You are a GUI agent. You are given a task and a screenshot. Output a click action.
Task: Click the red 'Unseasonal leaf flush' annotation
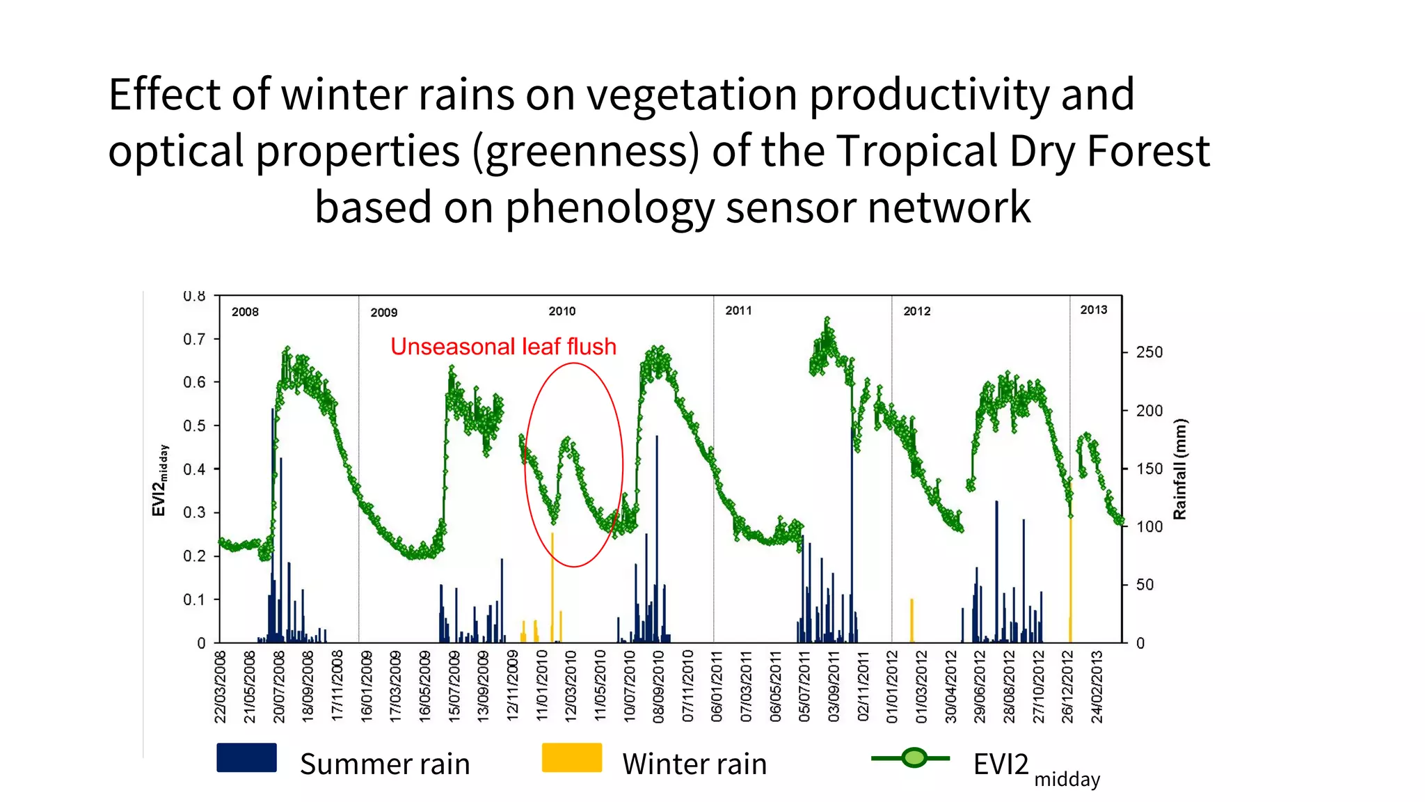(503, 347)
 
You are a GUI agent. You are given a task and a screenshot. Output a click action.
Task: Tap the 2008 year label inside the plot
(245, 312)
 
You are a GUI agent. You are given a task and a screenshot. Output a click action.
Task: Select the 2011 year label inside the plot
(738, 310)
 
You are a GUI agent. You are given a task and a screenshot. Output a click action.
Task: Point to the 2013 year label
(1093, 310)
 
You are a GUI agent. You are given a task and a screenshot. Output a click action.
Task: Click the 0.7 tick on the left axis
(194, 339)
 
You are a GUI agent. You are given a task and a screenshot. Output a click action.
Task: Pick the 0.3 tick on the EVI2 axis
(194, 512)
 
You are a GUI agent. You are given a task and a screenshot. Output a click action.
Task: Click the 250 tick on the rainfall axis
(1149, 352)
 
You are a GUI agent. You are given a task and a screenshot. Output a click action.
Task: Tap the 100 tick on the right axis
(1149, 527)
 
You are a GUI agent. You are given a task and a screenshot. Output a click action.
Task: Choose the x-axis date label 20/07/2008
(279, 686)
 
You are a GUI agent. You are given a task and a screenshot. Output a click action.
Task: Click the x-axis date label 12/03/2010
(571, 686)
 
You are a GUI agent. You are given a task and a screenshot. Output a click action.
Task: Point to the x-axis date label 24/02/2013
(1097, 686)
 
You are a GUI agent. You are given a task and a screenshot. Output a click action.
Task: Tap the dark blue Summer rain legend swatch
(246, 757)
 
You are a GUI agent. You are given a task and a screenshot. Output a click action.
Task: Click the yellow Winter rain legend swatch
(571, 757)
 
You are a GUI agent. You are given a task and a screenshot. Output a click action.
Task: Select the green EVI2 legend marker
(914, 757)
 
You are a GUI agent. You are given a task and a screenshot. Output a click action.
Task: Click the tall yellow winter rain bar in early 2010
(552, 585)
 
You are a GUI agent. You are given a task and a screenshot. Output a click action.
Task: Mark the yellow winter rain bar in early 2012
(911, 620)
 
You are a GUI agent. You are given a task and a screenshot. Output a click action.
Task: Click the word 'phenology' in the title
(610, 207)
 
